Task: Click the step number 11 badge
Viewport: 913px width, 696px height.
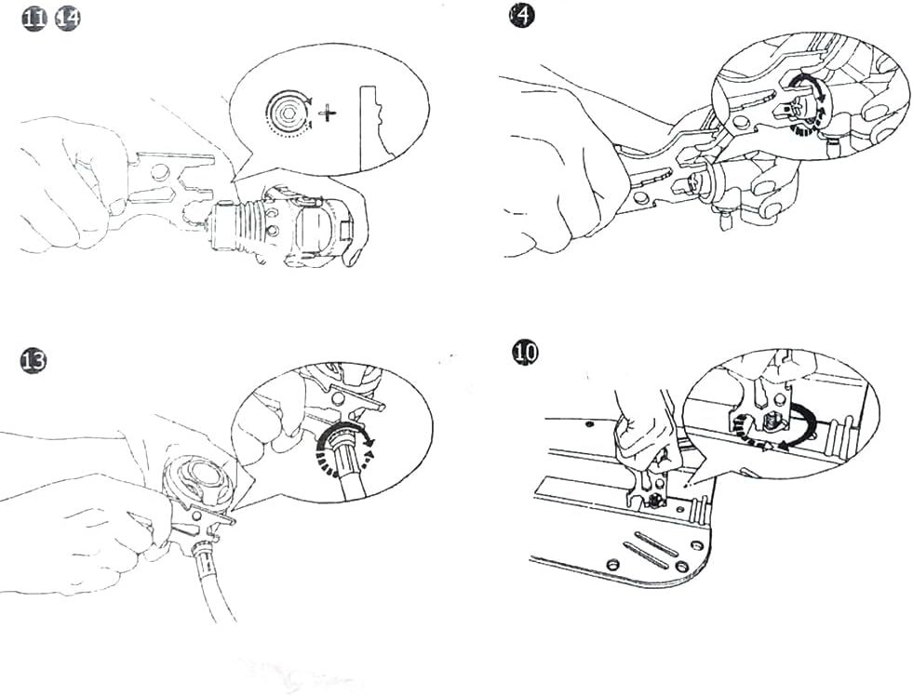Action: (34, 20)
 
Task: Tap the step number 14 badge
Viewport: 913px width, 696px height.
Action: (68, 20)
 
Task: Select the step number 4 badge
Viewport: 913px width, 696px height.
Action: (521, 16)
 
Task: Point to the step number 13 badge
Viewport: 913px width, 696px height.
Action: (34, 361)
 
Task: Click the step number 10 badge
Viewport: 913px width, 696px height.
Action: (525, 353)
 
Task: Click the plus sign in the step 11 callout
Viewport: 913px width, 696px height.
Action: (329, 113)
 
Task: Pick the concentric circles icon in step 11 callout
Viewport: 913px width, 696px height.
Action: (286, 111)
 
